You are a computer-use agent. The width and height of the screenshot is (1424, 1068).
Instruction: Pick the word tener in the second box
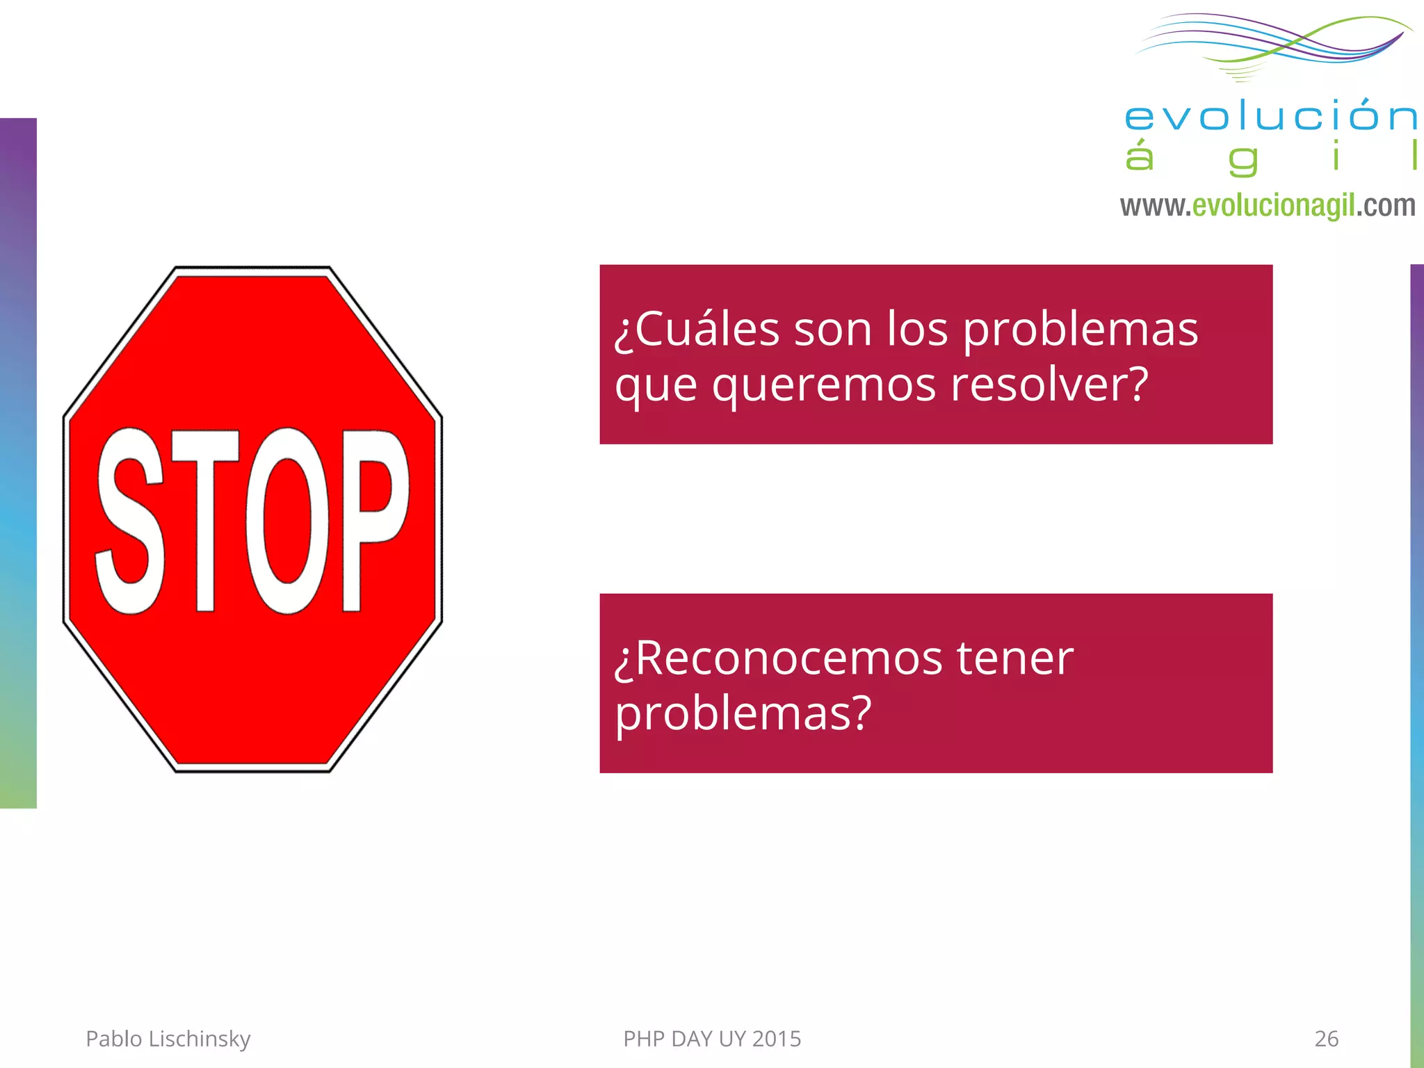point(1014,658)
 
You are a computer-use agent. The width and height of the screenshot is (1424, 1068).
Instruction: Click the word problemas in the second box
point(743,713)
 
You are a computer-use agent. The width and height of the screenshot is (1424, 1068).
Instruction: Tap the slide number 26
point(1326,1038)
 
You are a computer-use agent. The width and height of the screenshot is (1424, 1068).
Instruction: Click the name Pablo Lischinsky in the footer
point(168,1038)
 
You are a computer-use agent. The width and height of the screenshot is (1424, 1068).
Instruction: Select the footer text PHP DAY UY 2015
point(712,1038)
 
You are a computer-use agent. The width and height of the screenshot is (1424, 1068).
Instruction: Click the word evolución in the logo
point(1270,116)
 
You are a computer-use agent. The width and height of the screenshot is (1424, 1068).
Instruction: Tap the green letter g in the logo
point(1243,161)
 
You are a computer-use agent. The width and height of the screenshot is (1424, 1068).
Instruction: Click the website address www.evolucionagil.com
point(1267,206)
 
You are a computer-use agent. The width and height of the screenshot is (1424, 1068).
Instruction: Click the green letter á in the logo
point(1140,156)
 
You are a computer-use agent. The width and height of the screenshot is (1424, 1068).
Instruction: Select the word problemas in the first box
point(1081,329)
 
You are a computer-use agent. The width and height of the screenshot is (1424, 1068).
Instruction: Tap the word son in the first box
point(833,329)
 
